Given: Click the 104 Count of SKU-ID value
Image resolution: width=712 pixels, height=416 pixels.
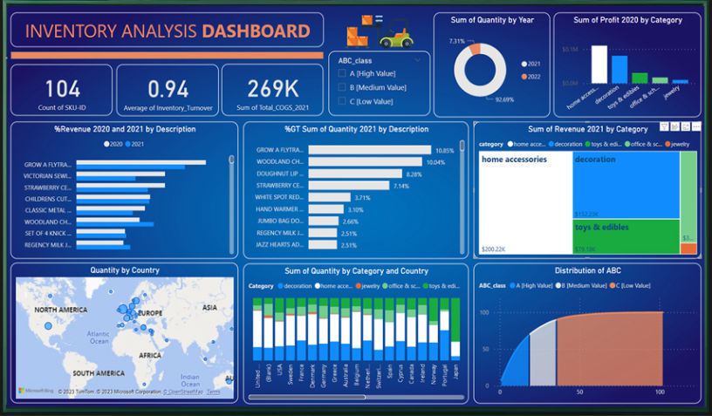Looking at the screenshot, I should point(62,88).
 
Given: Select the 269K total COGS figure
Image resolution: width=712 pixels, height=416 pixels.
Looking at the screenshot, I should point(273,88).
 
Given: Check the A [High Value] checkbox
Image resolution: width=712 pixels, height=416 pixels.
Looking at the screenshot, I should point(342,74).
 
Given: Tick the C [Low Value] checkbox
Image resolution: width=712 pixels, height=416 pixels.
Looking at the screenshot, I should point(342,101).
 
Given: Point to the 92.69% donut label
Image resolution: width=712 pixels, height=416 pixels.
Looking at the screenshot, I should point(503,100).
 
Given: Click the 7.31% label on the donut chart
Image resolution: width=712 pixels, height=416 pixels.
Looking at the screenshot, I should point(457,41).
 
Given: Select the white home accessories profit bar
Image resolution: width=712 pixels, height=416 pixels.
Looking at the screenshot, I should point(599,64).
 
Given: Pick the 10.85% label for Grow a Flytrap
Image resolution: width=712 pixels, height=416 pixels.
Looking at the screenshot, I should point(444,150).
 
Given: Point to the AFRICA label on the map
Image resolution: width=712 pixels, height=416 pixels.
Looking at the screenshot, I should point(150,356).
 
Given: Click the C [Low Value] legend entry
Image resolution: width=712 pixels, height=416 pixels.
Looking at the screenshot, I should point(635,285).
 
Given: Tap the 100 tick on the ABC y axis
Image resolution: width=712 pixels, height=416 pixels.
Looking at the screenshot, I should point(483,311).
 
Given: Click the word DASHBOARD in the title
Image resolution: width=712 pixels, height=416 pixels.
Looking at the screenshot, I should point(256,32).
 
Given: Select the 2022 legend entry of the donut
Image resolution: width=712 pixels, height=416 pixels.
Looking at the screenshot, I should point(531,77).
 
